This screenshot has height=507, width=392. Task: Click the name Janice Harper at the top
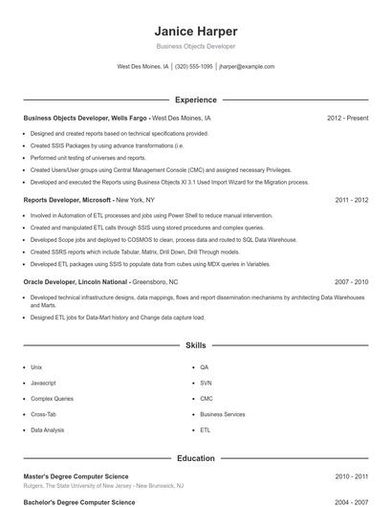[x=195, y=31]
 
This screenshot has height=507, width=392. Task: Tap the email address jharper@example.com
[x=247, y=67]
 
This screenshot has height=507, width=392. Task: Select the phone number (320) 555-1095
[x=194, y=67]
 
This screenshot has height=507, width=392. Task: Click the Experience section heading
[x=195, y=99]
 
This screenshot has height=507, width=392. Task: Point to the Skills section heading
[x=195, y=344]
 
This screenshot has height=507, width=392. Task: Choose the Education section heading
[x=195, y=458]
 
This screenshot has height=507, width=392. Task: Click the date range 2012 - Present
[x=347, y=119]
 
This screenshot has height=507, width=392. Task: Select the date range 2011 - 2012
[x=351, y=201]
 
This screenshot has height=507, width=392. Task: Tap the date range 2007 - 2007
[x=351, y=282]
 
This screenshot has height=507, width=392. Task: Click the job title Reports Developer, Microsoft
[x=68, y=201]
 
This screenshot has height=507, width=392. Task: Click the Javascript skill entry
[x=44, y=383]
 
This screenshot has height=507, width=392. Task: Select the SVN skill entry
[x=206, y=383]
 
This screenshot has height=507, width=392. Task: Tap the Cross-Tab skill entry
[x=44, y=414]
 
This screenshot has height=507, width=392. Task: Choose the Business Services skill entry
[x=222, y=414]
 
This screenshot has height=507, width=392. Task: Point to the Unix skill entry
[x=36, y=366]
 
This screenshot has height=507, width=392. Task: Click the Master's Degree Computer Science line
[x=76, y=475]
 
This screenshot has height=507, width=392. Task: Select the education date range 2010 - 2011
[x=351, y=475]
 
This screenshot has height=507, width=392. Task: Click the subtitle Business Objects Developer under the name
[x=195, y=46]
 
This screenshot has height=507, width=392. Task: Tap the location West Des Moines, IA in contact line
[x=142, y=67]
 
